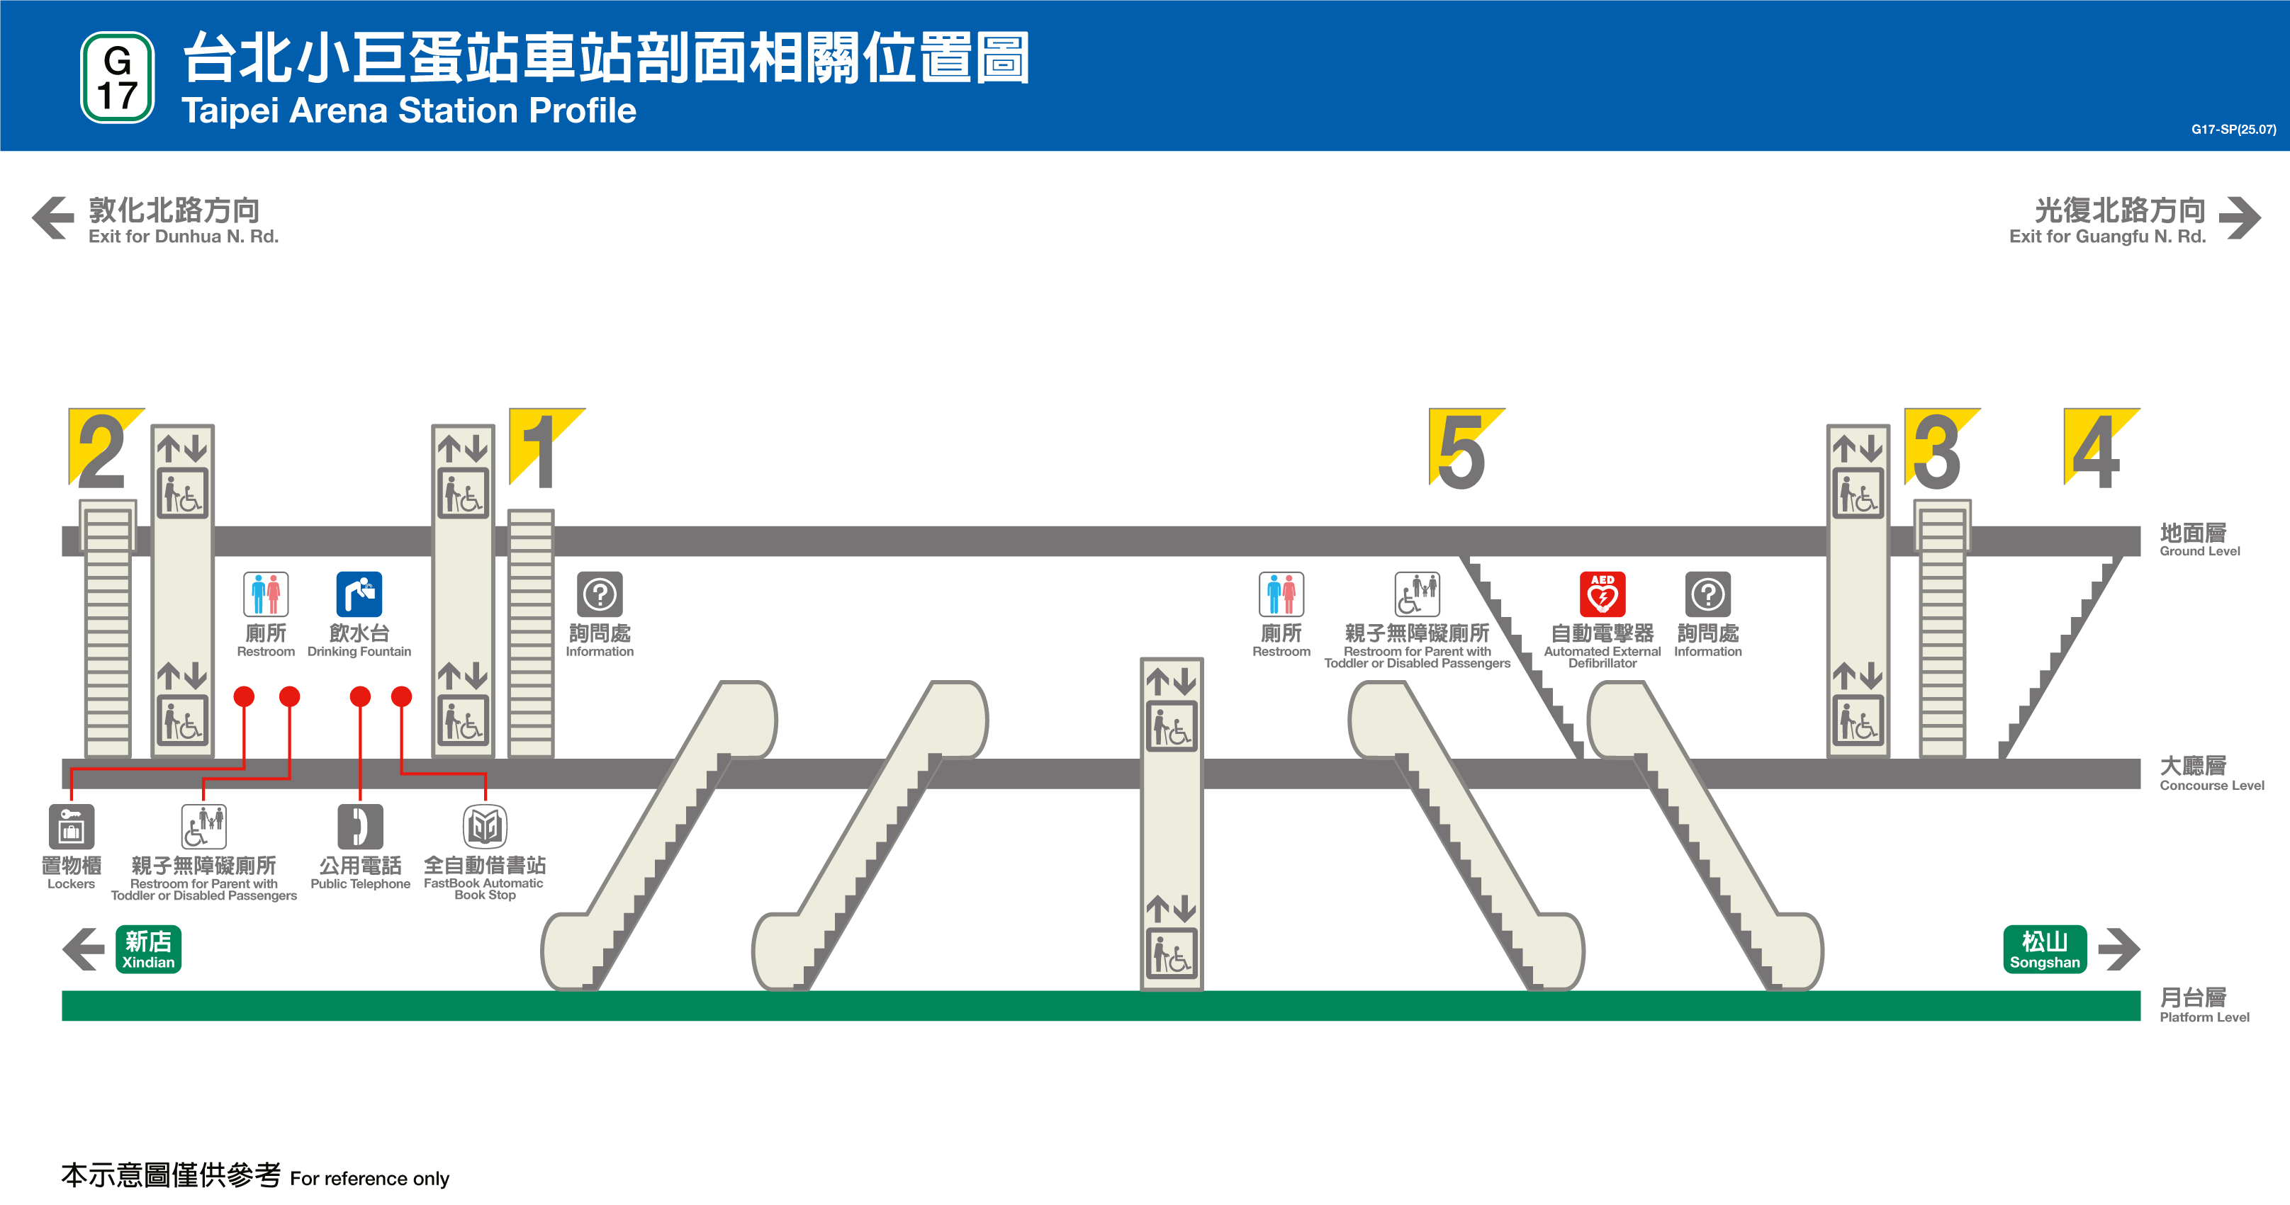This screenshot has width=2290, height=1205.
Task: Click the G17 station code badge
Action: tap(118, 77)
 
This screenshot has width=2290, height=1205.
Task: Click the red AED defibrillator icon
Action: tap(1602, 594)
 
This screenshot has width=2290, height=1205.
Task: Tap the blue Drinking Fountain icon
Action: tap(359, 594)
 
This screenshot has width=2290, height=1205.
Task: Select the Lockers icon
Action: tap(71, 827)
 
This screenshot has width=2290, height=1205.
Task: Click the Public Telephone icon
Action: tap(360, 827)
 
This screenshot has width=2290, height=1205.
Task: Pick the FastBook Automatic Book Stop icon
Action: tap(485, 827)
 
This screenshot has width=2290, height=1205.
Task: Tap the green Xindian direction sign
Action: tap(148, 949)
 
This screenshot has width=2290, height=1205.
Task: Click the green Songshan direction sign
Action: tap(2045, 949)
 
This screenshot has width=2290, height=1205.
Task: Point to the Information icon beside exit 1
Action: tap(600, 594)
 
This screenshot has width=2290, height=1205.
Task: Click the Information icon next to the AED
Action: tap(1707, 594)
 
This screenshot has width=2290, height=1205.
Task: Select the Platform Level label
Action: tap(2203, 1005)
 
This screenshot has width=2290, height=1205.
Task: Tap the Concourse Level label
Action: tap(2210, 773)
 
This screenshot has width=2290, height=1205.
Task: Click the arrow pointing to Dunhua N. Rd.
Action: tap(53, 217)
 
